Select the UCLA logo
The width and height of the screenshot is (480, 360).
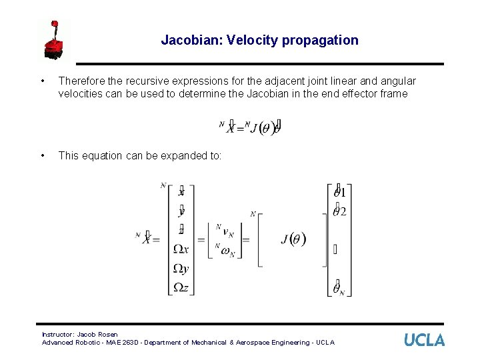[x=424, y=340]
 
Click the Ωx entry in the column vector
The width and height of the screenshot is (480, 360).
[x=181, y=249]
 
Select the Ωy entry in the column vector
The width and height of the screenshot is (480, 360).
[x=181, y=268]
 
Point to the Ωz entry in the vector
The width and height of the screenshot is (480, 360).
[x=181, y=287]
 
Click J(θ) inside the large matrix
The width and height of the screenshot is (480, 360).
[x=293, y=239]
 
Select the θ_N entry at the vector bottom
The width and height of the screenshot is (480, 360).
[x=339, y=287]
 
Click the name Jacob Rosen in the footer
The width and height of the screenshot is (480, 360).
[x=97, y=334]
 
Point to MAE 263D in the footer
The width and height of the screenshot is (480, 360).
[x=129, y=343]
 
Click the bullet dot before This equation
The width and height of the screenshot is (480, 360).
[x=43, y=155]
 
